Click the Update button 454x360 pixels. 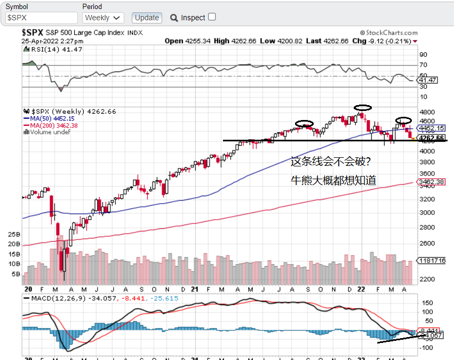(147, 18)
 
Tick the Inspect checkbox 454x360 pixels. (212, 17)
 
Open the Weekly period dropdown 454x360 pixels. (103, 18)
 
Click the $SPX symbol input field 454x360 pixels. (41, 18)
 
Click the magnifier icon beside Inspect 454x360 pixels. (174, 18)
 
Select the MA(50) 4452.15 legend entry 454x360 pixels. (49, 118)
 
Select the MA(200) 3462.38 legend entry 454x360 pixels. (51, 125)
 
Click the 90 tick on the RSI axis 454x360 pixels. (424, 54)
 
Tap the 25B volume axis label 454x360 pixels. (14, 234)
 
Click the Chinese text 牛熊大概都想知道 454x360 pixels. (333, 181)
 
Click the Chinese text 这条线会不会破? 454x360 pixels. (330, 161)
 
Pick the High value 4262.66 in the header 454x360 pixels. (229, 41)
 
